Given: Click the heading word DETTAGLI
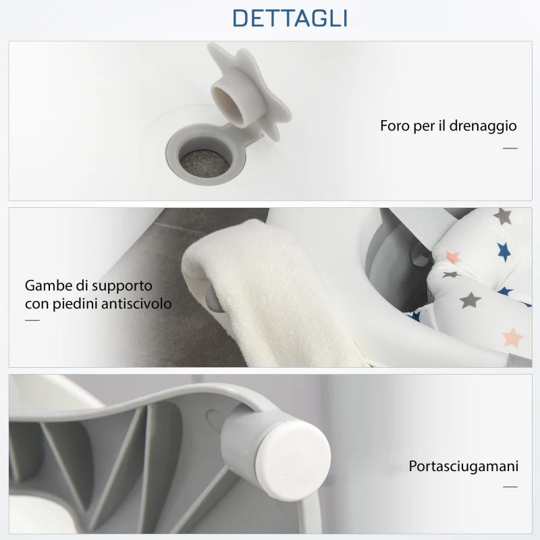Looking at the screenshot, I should tap(290, 18).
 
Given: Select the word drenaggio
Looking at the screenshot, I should tap(484, 126).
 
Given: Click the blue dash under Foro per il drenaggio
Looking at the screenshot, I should tap(510, 148).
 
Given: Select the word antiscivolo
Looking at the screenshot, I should tap(138, 304).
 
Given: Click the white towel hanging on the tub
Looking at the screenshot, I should tap(270, 290).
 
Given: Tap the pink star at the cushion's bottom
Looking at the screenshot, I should tap(513, 335).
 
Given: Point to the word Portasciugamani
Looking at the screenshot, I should tap(463, 466).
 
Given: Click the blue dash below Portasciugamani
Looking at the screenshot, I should tap(510, 486).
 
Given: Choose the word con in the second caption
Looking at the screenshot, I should tap(36, 304).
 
